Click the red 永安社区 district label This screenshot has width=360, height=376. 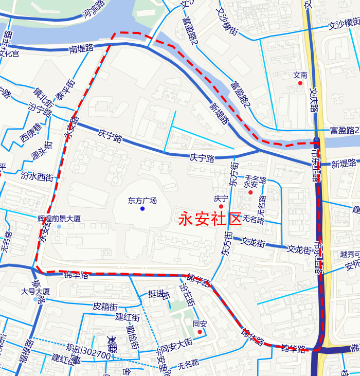210,220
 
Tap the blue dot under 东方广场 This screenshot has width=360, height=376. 142,208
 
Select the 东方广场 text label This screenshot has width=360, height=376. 142,201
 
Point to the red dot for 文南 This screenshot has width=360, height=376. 300,83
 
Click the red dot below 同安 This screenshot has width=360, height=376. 200,332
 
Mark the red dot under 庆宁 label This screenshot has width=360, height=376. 221,206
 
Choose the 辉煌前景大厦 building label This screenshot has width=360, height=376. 60,219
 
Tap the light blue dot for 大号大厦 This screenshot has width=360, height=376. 35,299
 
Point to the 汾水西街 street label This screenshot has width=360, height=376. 37,176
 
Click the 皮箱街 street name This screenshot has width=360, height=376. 105,306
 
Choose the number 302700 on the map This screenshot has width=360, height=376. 96,354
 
